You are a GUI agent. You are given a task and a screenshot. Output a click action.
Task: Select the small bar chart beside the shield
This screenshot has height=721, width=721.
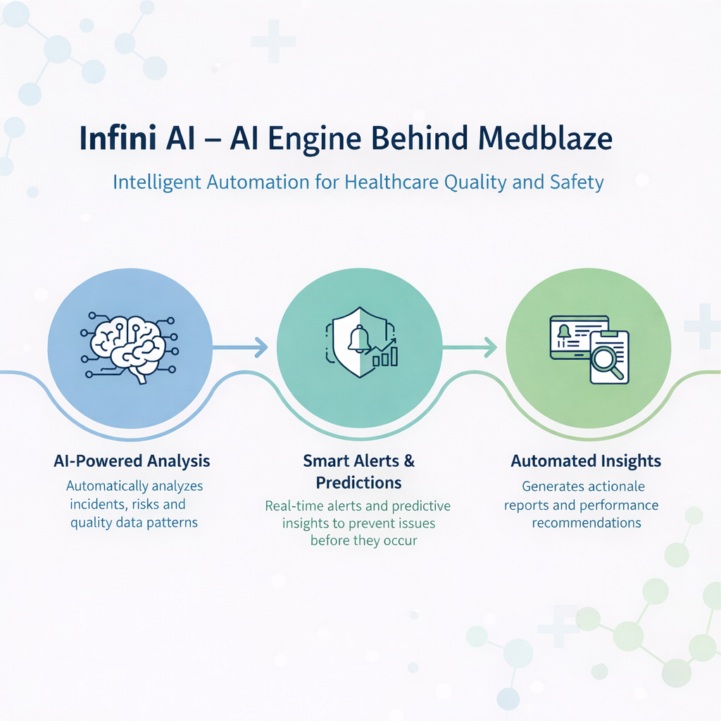[386, 354]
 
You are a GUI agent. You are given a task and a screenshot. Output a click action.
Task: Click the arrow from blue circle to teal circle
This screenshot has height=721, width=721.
[240, 346]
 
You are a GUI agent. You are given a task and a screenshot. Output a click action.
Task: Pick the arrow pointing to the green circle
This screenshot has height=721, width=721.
[470, 346]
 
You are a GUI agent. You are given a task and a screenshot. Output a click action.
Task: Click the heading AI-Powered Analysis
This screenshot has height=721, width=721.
[132, 461]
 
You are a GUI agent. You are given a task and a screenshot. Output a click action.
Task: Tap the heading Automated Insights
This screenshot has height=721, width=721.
[586, 461]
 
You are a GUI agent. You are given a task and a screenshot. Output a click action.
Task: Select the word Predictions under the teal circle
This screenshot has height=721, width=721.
[359, 482]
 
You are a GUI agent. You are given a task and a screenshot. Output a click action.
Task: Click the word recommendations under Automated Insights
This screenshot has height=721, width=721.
[586, 522]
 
